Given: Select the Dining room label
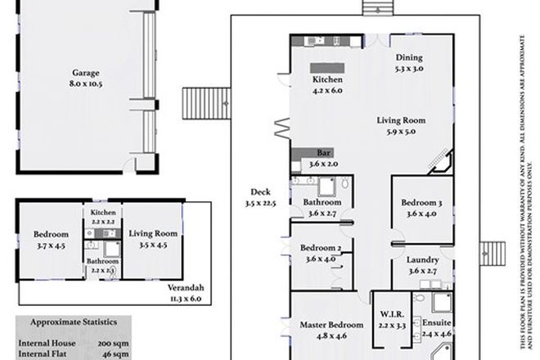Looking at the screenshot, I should click(x=409, y=57).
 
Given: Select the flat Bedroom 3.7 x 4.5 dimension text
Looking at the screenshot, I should click(x=51, y=244).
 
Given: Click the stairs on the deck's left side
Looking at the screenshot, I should click(x=197, y=102).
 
